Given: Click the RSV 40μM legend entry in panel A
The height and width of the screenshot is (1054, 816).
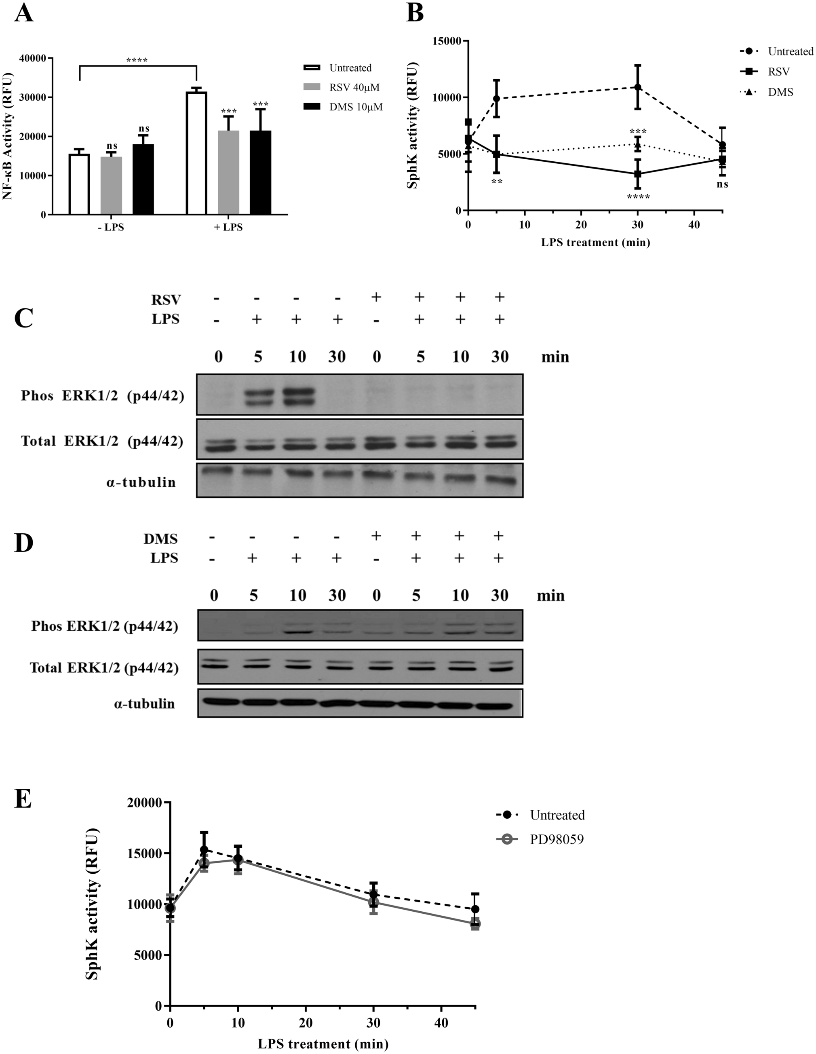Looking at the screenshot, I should [x=354, y=87].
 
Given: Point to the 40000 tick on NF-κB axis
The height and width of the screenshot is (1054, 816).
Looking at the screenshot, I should [x=33, y=58].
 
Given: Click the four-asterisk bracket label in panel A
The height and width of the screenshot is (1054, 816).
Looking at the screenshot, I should [x=137, y=61].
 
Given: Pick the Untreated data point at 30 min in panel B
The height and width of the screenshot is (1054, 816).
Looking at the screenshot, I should [x=637, y=87].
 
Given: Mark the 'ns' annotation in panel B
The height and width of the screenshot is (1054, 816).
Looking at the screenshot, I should [x=722, y=184].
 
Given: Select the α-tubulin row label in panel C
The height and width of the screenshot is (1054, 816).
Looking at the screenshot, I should [x=141, y=482].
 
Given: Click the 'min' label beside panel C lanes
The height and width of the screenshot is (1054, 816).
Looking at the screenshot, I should [x=555, y=357].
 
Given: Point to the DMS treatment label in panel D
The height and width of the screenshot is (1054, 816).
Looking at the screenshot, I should [x=161, y=539].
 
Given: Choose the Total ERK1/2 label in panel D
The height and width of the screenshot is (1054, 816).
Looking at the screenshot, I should [x=104, y=668].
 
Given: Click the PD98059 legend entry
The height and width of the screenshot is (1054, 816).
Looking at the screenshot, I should [x=557, y=840].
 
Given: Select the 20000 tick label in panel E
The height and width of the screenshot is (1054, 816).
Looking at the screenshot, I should [x=143, y=803].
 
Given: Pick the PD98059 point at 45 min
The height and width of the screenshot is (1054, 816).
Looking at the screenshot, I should [x=475, y=924].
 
